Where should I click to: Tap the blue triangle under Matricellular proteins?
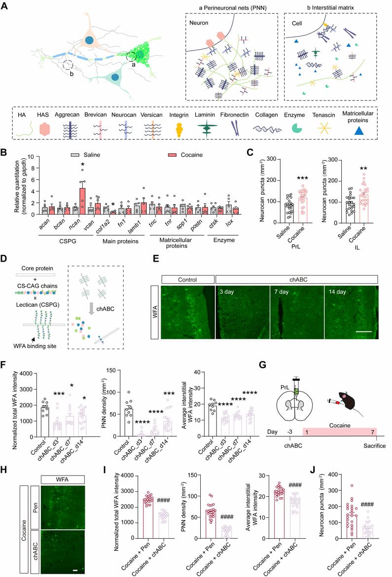pyautogui.click(x=359, y=130)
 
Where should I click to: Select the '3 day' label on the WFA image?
pyautogui.click(x=227, y=292)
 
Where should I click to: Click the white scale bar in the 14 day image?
pyautogui.click(x=363, y=331)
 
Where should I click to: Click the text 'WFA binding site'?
pyautogui.click(x=35, y=346)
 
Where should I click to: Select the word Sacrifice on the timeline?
pyautogui.click(x=375, y=446)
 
